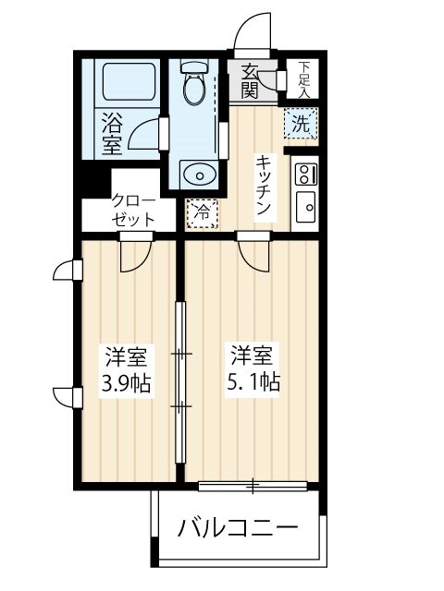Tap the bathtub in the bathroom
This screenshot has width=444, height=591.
pos(128,82)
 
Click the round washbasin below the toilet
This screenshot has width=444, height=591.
pos(195,174)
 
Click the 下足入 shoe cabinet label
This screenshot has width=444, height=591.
pos(303,79)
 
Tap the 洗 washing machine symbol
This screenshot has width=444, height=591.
pos(301,121)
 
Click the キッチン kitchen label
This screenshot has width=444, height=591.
pos(262,186)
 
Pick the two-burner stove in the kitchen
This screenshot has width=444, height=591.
pos(304,172)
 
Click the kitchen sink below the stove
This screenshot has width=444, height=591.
pos(304,205)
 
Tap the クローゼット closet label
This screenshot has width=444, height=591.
pos(129,210)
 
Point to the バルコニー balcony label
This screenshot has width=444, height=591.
pos(239,529)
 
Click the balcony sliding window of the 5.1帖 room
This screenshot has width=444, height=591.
pos(253,484)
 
